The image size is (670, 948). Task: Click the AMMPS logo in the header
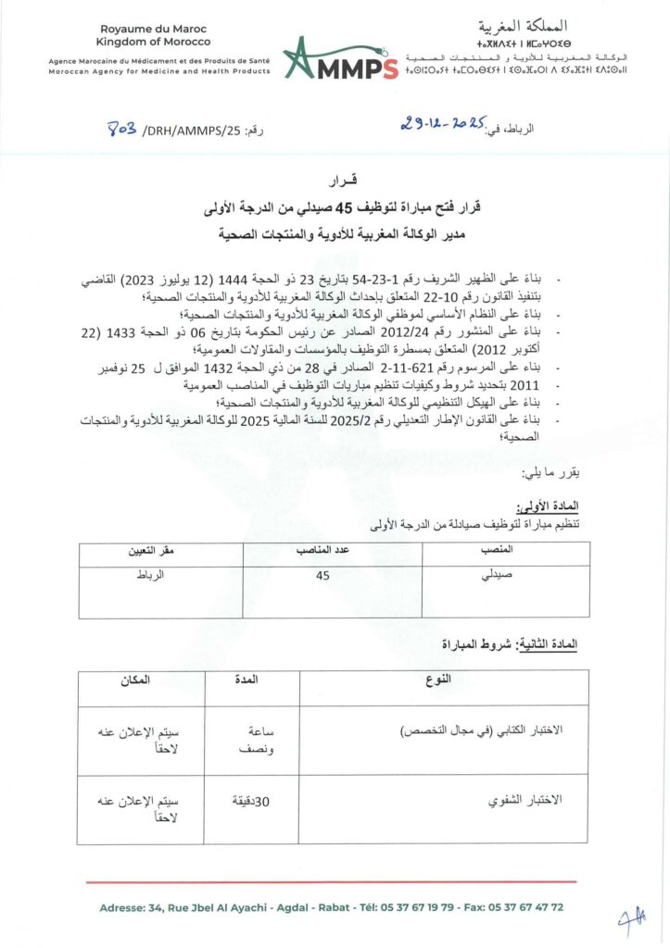click(339, 58)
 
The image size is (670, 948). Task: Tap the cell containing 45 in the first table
click(322, 576)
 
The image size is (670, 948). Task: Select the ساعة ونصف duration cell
click(251, 739)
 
